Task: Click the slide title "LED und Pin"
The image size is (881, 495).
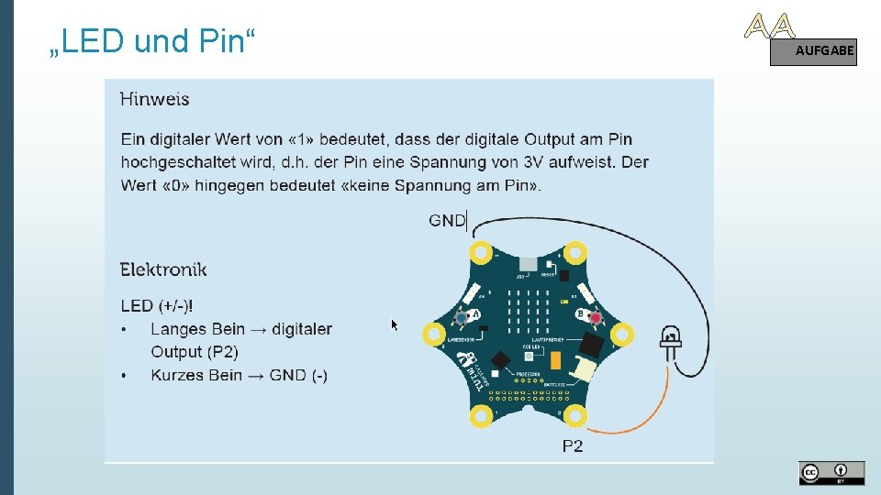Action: point(152,41)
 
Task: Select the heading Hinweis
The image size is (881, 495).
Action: point(154,98)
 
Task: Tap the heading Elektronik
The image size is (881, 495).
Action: point(163,269)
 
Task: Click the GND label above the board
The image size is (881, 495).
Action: point(447,220)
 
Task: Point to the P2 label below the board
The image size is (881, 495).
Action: point(573,446)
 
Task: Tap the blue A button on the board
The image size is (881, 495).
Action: point(461,317)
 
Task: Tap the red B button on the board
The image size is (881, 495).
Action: point(595,318)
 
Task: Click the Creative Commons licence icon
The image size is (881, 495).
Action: point(831,473)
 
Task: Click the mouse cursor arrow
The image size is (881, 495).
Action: point(396,324)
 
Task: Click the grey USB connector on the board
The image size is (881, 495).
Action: point(527,264)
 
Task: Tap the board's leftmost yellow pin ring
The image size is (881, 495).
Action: point(433,334)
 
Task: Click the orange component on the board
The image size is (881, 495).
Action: point(555,360)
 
